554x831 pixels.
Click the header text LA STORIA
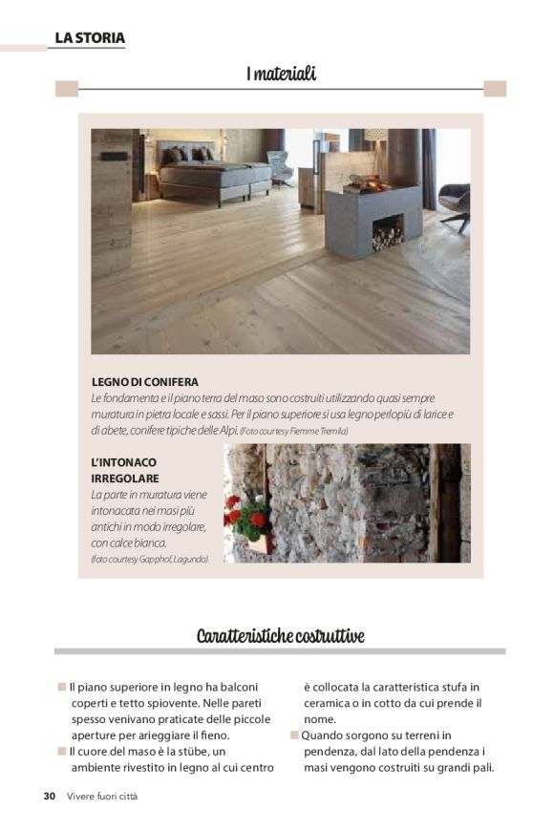(89, 38)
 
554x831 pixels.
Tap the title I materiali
(281, 74)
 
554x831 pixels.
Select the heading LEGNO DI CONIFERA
(145, 382)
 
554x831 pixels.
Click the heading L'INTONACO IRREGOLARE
(125, 470)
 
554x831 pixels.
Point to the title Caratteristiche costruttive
(280, 636)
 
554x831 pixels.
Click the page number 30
(50, 797)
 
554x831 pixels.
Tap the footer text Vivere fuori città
(102, 797)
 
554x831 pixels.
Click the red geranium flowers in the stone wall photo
(245, 516)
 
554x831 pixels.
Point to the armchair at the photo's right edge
(455, 202)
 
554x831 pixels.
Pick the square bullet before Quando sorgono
(294, 735)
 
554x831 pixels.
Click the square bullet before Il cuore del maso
(61, 752)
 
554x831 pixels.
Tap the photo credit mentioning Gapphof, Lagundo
(149, 559)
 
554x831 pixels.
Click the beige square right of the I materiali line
(494, 89)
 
